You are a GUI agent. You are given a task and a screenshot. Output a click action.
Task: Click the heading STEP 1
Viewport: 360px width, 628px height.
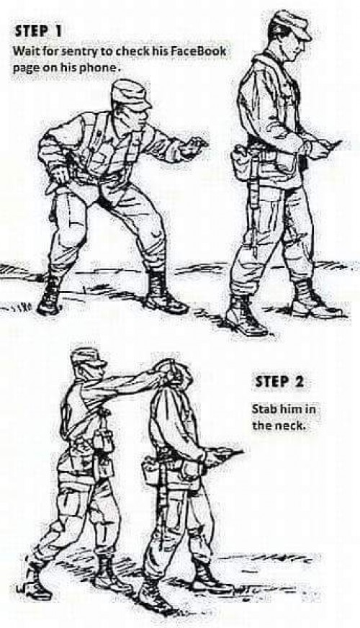[38, 32]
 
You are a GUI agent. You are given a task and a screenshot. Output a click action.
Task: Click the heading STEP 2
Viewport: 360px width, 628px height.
[279, 381]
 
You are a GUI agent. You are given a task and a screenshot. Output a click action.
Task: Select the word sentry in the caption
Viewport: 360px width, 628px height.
[69, 52]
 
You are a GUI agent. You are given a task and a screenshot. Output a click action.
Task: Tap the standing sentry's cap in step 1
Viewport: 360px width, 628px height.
[289, 24]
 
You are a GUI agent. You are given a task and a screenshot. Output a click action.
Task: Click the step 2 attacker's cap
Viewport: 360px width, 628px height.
[87, 357]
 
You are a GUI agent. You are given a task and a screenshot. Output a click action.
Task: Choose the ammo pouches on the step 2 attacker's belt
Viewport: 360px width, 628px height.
[101, 452]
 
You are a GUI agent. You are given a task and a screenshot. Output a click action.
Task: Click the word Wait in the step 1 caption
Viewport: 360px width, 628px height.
[23, 52]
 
